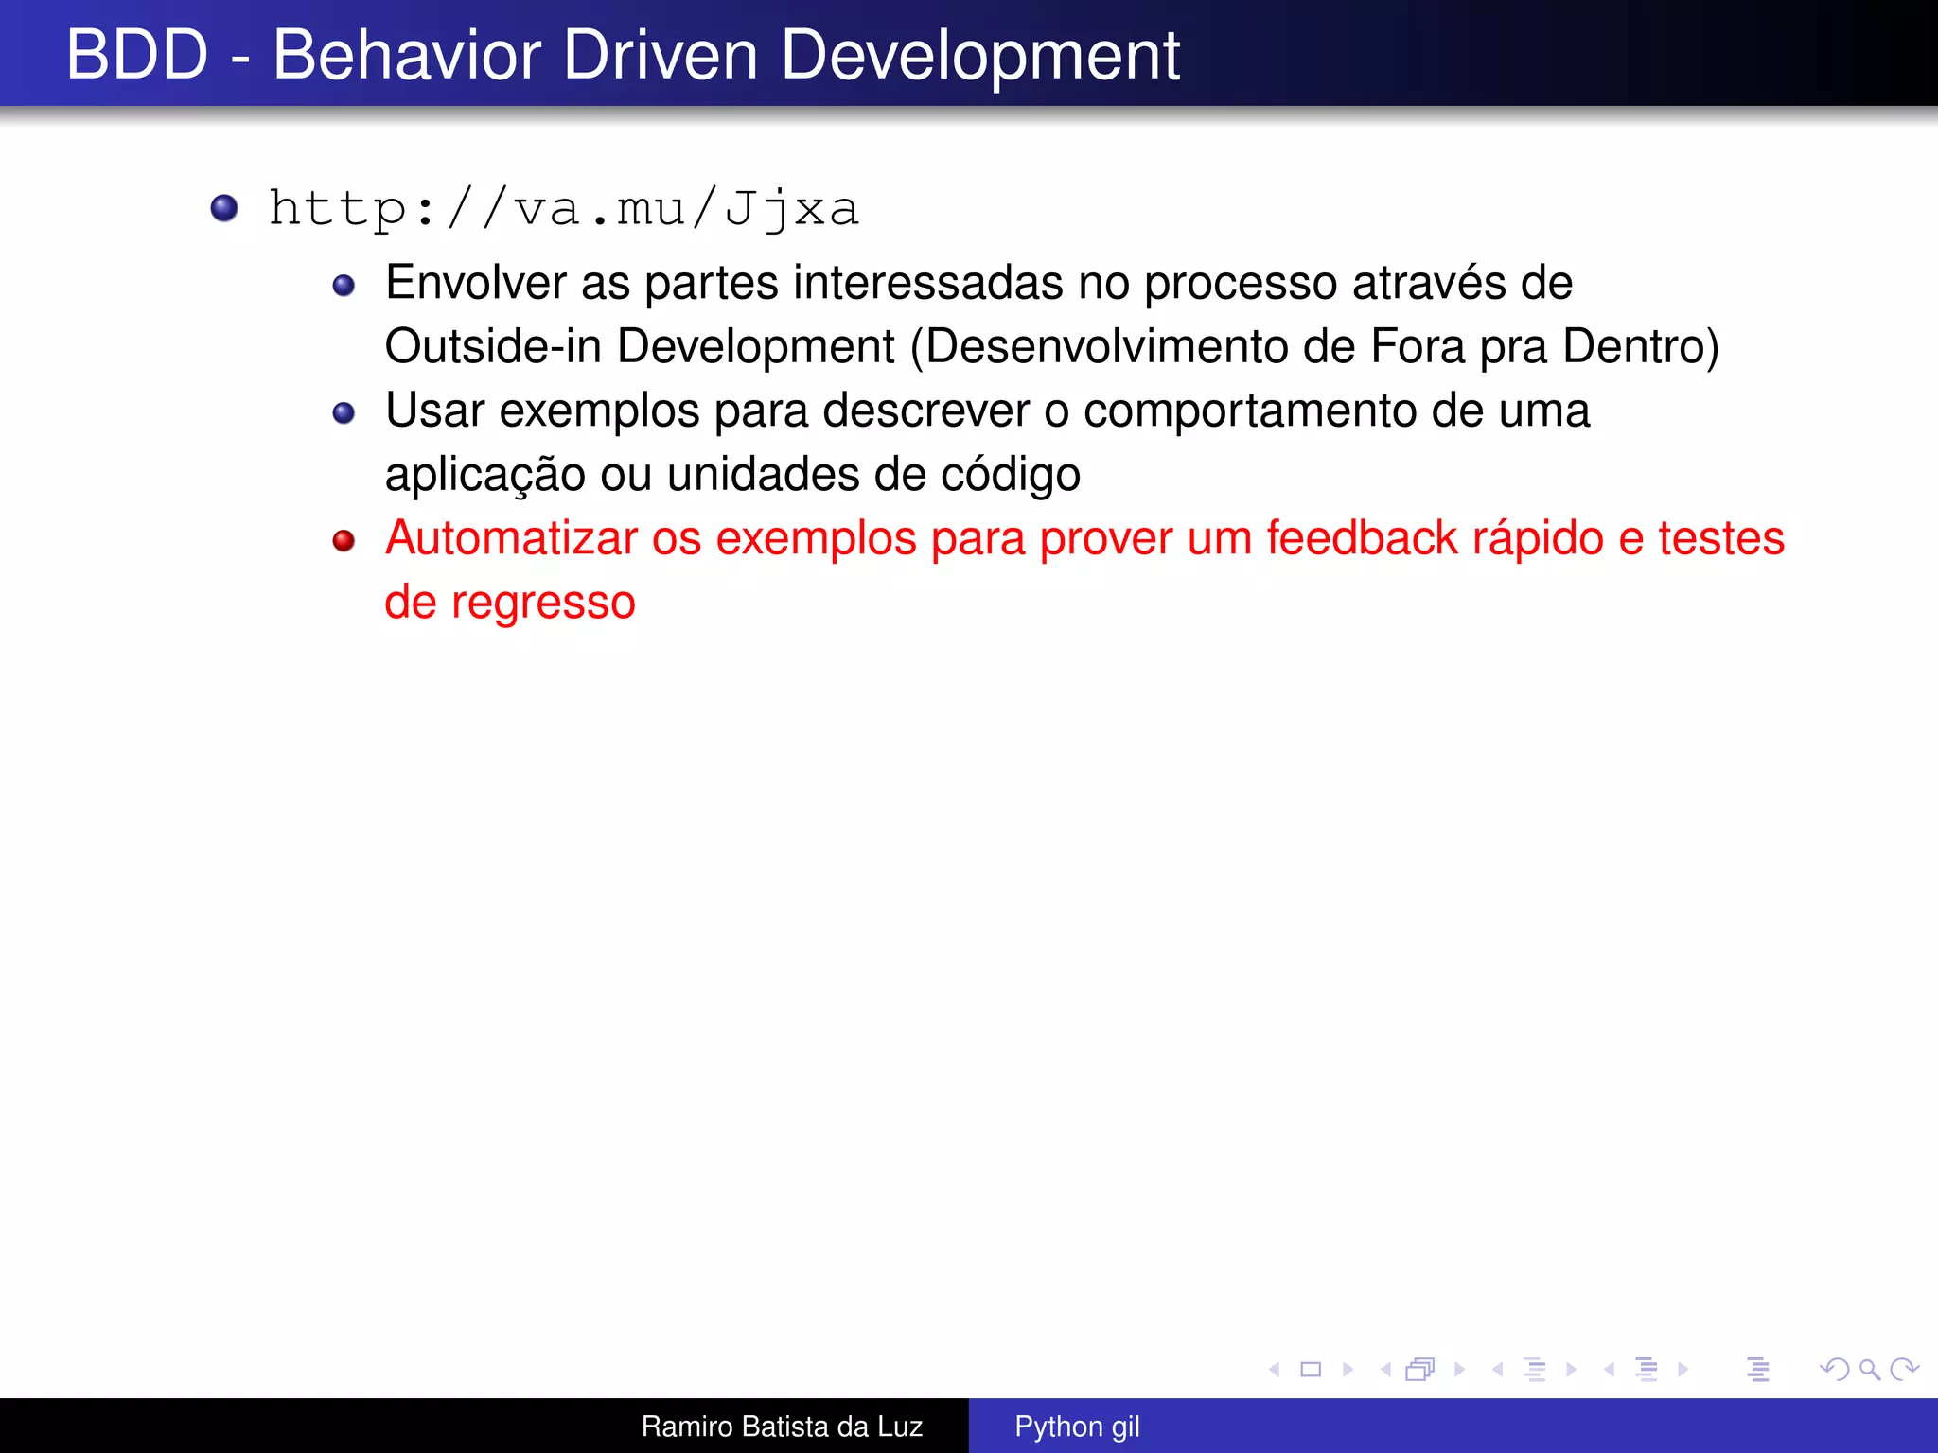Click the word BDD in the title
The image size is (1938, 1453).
tap(136, 55)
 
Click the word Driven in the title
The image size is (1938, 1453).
tap(660, 55)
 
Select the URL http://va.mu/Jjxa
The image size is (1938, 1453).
tap(564, 209)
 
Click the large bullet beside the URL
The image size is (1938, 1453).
tap(224, 207)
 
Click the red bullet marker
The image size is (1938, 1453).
tap(344, 540)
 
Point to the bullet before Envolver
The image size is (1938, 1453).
tap(344, 285)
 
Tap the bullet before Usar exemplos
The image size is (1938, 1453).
tap(344, 412)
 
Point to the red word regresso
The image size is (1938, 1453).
tap(542, 604)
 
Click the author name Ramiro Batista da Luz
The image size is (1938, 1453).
tap(782, 1426)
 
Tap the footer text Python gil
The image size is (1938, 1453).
tap(1076, 1426)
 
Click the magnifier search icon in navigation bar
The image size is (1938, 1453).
tap(1869, 1369)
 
